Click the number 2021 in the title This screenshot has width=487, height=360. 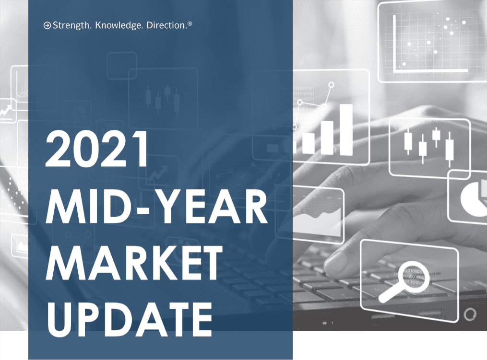click(97, 149)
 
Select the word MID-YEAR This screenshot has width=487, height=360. click(156, 206)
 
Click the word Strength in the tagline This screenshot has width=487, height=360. click(72, 25)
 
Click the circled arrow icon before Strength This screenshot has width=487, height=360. click(47, 25)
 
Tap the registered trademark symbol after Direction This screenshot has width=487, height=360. click(190, 23)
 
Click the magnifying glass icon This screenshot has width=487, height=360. click(404, 281)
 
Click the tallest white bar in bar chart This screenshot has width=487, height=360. click(346, 129)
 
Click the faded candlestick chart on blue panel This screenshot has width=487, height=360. click(163, 99)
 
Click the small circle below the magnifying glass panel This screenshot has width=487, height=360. click(470, 314)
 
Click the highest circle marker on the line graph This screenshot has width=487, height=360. click(331, 84)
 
